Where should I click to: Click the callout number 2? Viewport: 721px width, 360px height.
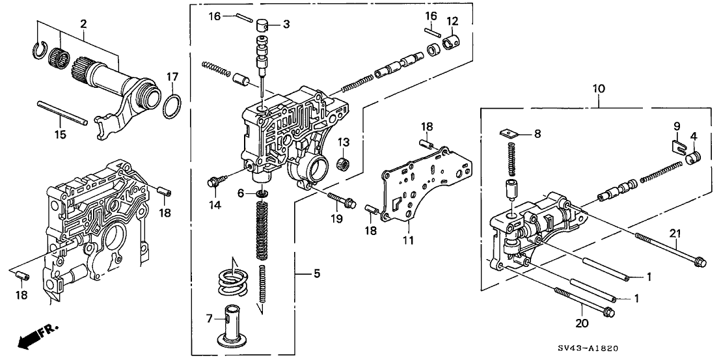83,24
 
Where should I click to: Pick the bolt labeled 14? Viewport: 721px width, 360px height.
214,182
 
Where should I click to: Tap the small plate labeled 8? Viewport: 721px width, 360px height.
510,134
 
